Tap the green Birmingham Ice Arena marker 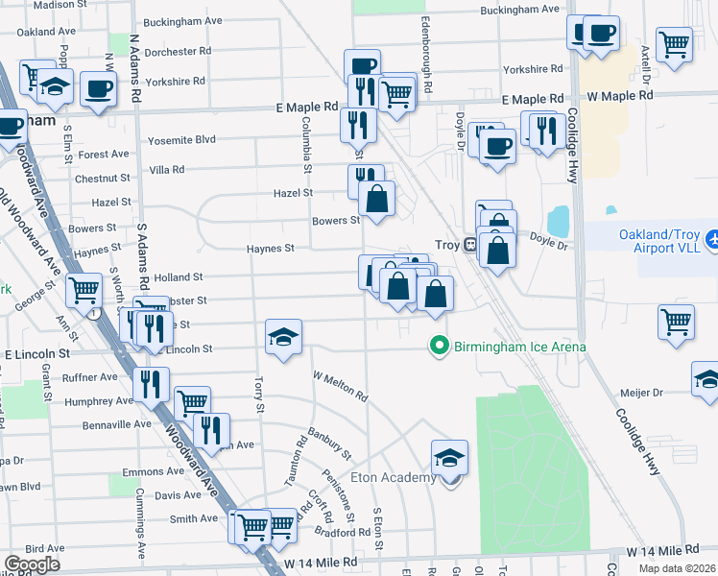coord(440,346)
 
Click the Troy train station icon coord(470,245)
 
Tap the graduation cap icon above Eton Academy coord(448,458)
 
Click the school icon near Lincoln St coord(283,337)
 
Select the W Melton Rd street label coord(341,383)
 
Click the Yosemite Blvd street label coord(181,140)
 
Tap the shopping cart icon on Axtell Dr coord(675,43)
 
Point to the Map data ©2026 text coord(676,568)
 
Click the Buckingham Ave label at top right coord(519,10)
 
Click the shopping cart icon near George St coord(84,288)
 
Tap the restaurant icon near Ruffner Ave coord(150,385)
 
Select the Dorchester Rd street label coord(177,51)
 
